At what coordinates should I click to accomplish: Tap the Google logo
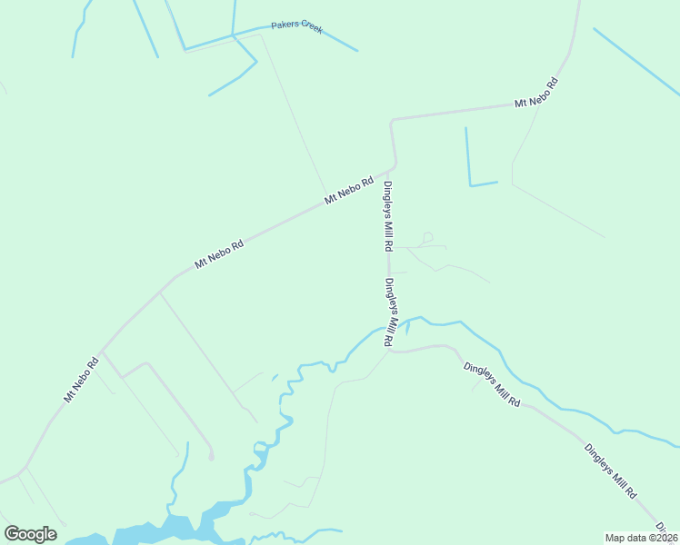[x=30, y=534]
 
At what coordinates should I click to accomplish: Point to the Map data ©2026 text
[x=642, y=537]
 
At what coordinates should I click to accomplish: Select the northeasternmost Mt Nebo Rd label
[x=535, y=94]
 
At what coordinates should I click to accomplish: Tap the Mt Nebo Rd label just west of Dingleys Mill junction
[x=350, y=190]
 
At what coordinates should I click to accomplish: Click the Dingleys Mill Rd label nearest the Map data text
[x=610, y=471]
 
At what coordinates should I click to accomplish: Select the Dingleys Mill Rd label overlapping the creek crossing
[x=389, y=312]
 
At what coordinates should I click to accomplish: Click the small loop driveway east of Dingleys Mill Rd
[x=427, y=237]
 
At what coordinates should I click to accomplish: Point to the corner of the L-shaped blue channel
[x=470, y=185]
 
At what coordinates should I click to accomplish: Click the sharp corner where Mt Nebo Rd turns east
[x=391, y=120]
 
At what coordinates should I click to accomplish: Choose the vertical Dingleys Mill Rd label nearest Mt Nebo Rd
[x=387, y=216]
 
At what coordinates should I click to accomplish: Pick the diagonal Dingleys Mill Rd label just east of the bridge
[x=491, y=383]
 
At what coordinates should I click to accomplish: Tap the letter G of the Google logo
[x=12, y=534]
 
